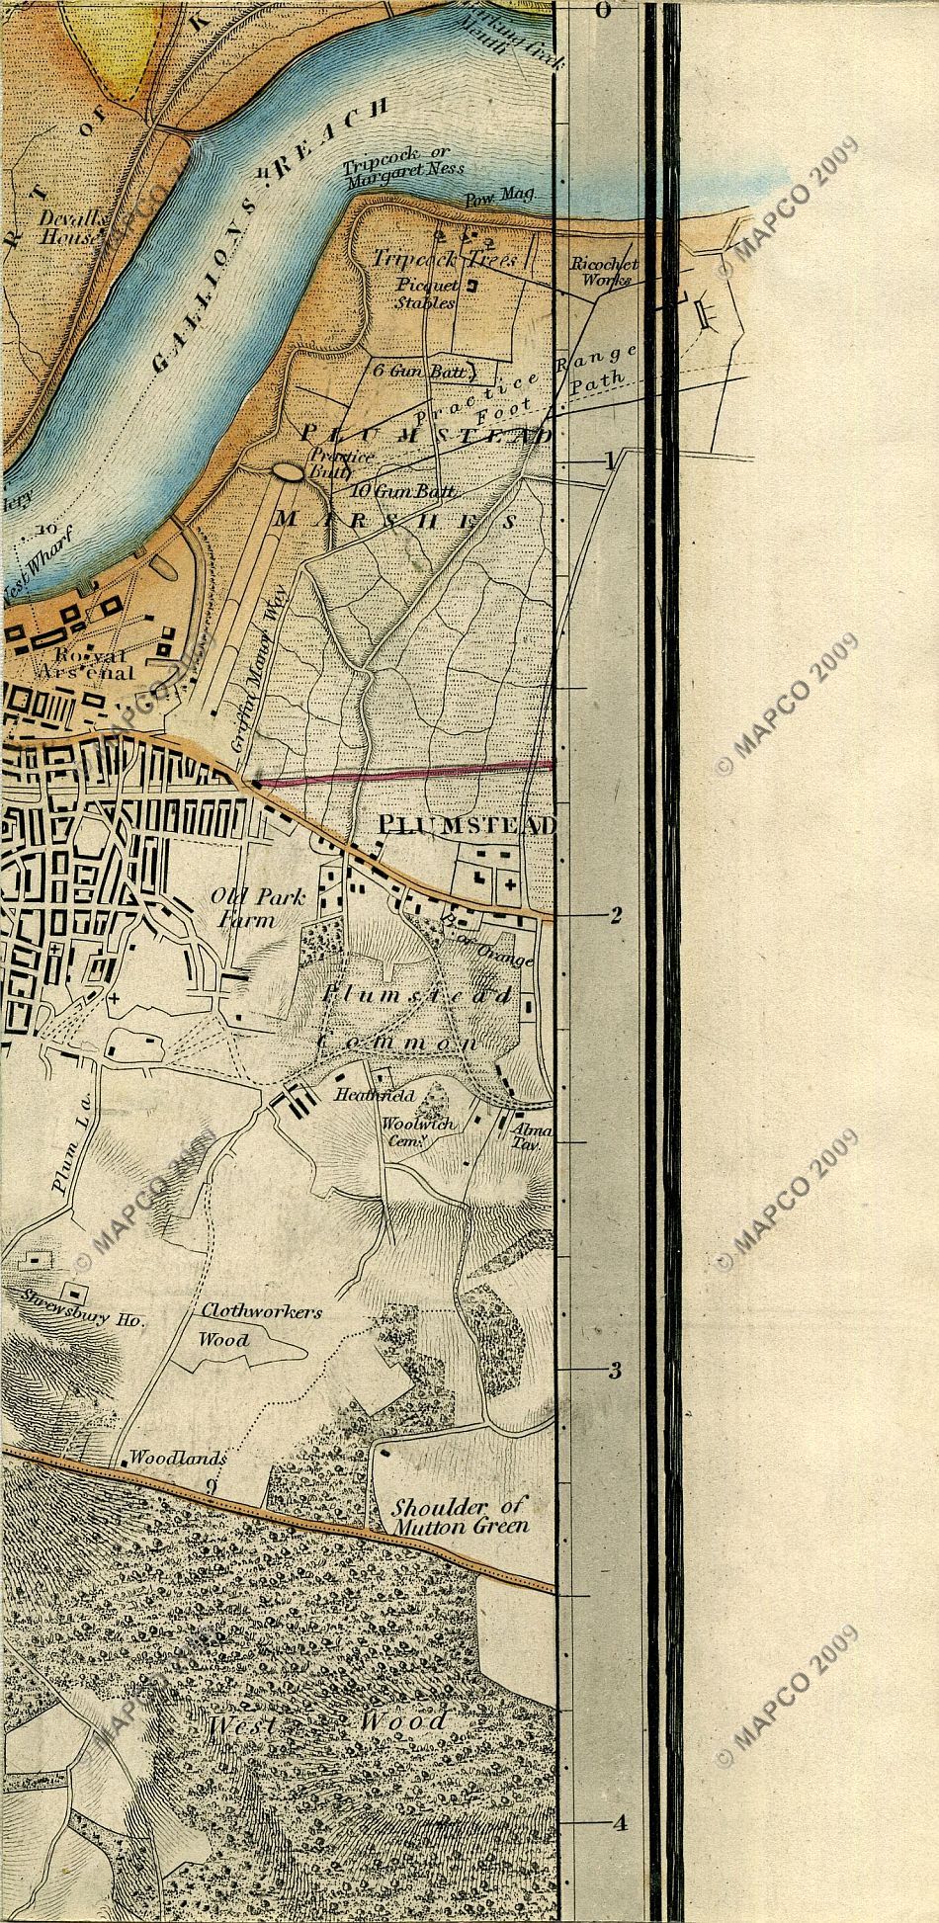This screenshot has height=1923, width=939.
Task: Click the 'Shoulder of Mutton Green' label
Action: tap(460, 1515)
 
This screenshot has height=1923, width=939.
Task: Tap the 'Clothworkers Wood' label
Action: tap(261, 1325)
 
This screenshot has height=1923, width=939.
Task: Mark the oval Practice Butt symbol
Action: tap(289, 473)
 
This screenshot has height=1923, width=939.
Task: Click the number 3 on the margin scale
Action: tap(614, 1371)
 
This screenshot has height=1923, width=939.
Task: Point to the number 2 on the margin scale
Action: tap(615, 915)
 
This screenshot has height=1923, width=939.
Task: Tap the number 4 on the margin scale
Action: tap(619, 1824)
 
